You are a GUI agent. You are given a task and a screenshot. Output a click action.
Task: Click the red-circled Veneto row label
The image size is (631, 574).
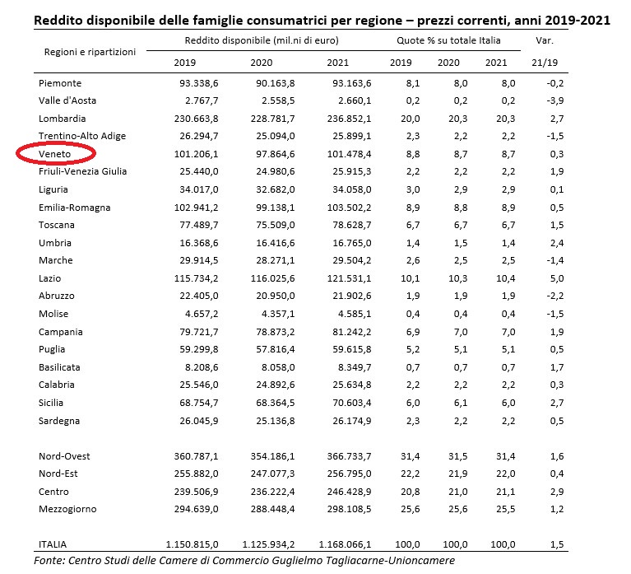click(x=55, y=153)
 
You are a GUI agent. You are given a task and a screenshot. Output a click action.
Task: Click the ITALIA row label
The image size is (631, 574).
click(x=53, y=544)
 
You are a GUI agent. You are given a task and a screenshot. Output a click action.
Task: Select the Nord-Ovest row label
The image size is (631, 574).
click(x=64, y=455)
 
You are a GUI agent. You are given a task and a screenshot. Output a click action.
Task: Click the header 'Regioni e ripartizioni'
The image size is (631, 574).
click(x=90, y=52)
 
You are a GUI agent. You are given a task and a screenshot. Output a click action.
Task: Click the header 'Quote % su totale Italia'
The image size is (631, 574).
click(x=445, y=40)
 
